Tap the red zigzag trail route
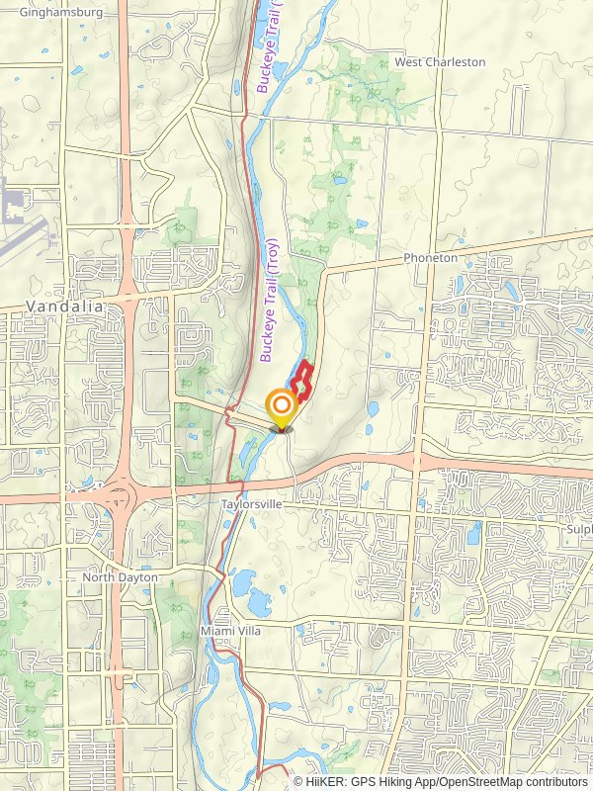[303, 381]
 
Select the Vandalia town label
[65, 307]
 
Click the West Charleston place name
[440, 62]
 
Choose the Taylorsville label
[252, 504]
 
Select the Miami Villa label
[229, 631]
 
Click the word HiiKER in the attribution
[324, 781]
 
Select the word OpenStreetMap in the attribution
[478, 781]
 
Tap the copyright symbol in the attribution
[298, 781]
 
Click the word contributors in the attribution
[555, 781]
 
